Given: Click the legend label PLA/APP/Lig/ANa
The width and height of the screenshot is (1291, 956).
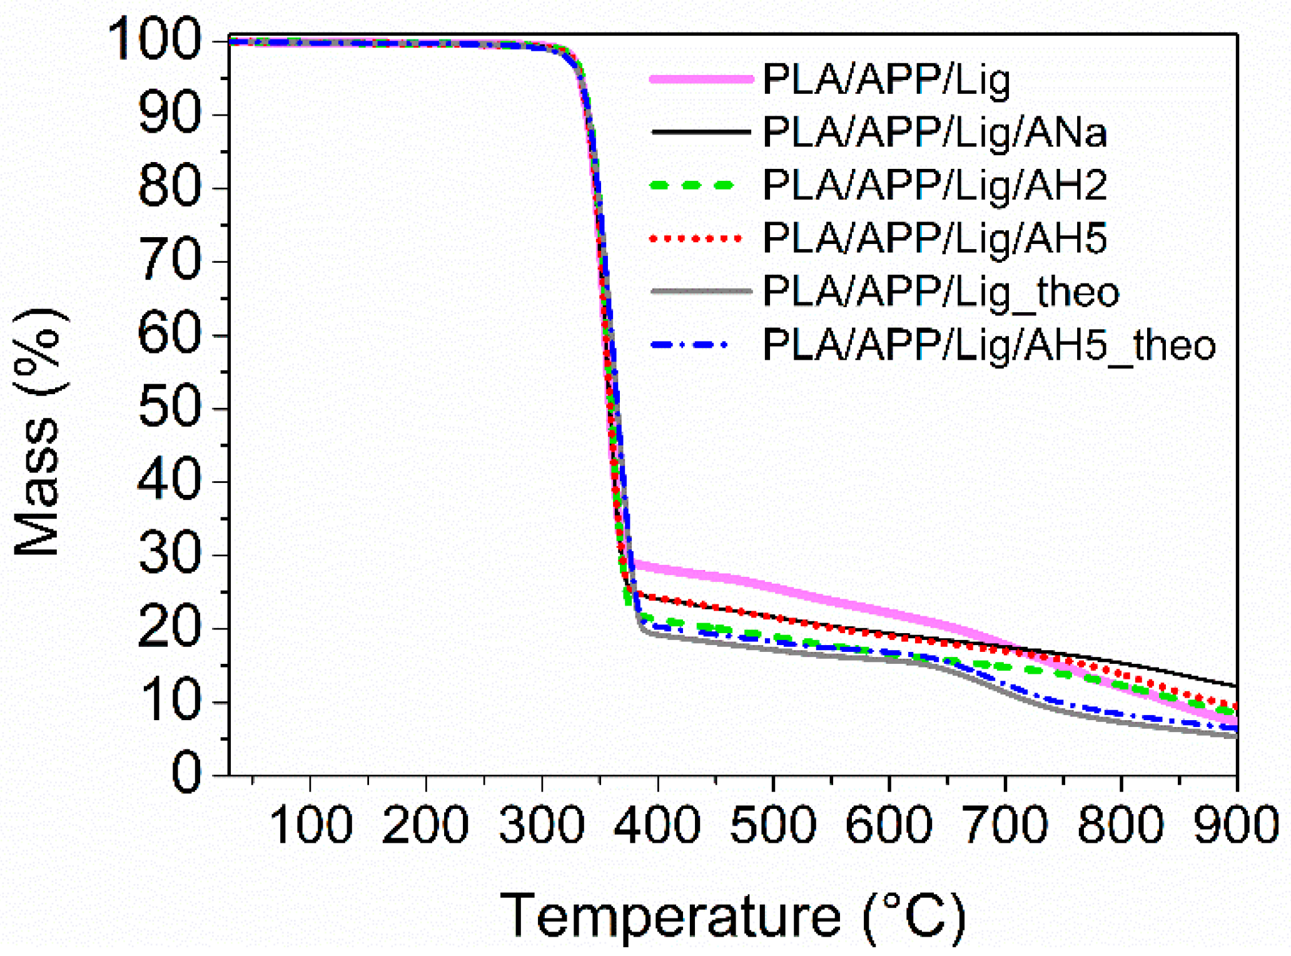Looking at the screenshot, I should point(934,133).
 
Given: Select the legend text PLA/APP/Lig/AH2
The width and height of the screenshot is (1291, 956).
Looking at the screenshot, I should point(934,185).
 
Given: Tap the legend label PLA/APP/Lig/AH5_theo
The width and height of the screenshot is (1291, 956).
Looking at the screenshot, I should point(988,345).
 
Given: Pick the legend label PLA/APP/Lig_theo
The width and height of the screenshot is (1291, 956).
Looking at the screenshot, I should point(941,292).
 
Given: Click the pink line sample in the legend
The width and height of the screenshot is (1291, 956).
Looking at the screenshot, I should point(701,79).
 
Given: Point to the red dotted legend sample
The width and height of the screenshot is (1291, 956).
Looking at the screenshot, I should point(696,238).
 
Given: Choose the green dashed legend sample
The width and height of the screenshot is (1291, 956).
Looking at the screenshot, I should point(692,185).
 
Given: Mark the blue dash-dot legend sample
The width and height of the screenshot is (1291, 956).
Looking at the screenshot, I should point(689,345).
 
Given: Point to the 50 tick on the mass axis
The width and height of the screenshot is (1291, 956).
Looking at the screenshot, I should point(169,409).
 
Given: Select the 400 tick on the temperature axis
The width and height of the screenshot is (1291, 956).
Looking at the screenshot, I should point(657,825).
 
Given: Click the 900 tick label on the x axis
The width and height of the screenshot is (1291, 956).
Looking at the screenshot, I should point(1236,825).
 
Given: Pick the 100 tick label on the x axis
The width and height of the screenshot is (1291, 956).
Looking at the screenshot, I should point(310,825).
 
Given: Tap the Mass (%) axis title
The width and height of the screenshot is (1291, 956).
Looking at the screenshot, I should point(39,432).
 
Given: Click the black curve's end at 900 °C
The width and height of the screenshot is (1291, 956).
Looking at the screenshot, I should point(1235,686).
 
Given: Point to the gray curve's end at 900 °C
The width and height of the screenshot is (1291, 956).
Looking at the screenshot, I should point(1235,736).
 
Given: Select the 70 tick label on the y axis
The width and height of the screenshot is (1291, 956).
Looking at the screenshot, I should point(169,261).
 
